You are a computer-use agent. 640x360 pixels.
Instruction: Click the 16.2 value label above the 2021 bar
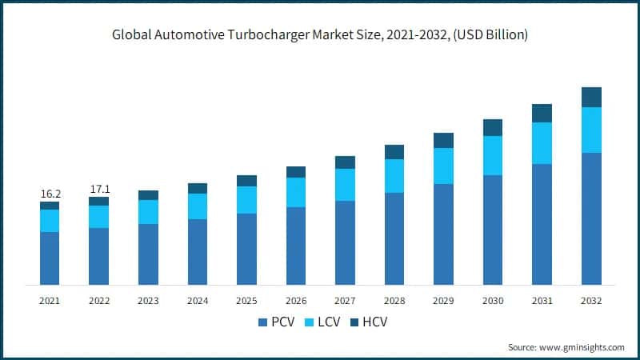(x=50, y=194)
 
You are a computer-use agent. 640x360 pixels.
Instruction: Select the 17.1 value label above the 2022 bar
(x=99, y=189)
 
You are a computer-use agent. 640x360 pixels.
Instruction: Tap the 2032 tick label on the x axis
(x=591, y=300)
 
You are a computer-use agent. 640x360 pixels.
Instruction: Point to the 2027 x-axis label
(x=345, y=300)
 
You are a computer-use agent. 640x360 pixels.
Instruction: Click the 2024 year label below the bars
(x=198, y=300)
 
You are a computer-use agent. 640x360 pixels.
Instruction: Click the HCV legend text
(x=374, y=322)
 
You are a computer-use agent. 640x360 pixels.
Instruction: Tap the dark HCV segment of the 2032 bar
(x=591, y=97)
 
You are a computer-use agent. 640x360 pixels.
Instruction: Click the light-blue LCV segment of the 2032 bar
(x=591, y=130)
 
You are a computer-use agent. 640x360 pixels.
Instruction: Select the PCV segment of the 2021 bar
(x=50, y=258)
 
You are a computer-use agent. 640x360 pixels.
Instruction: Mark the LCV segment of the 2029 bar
(x=443, y=166)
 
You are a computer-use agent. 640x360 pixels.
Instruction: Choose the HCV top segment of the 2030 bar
(x=493, y=127)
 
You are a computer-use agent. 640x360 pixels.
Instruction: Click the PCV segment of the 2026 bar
(x=296, y=246)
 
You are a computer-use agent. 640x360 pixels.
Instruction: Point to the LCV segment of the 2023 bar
(x=148, y=211)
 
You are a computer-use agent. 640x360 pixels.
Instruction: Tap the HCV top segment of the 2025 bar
(x=246, y=180)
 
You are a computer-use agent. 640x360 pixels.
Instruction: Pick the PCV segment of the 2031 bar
(x=542, y=224)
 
